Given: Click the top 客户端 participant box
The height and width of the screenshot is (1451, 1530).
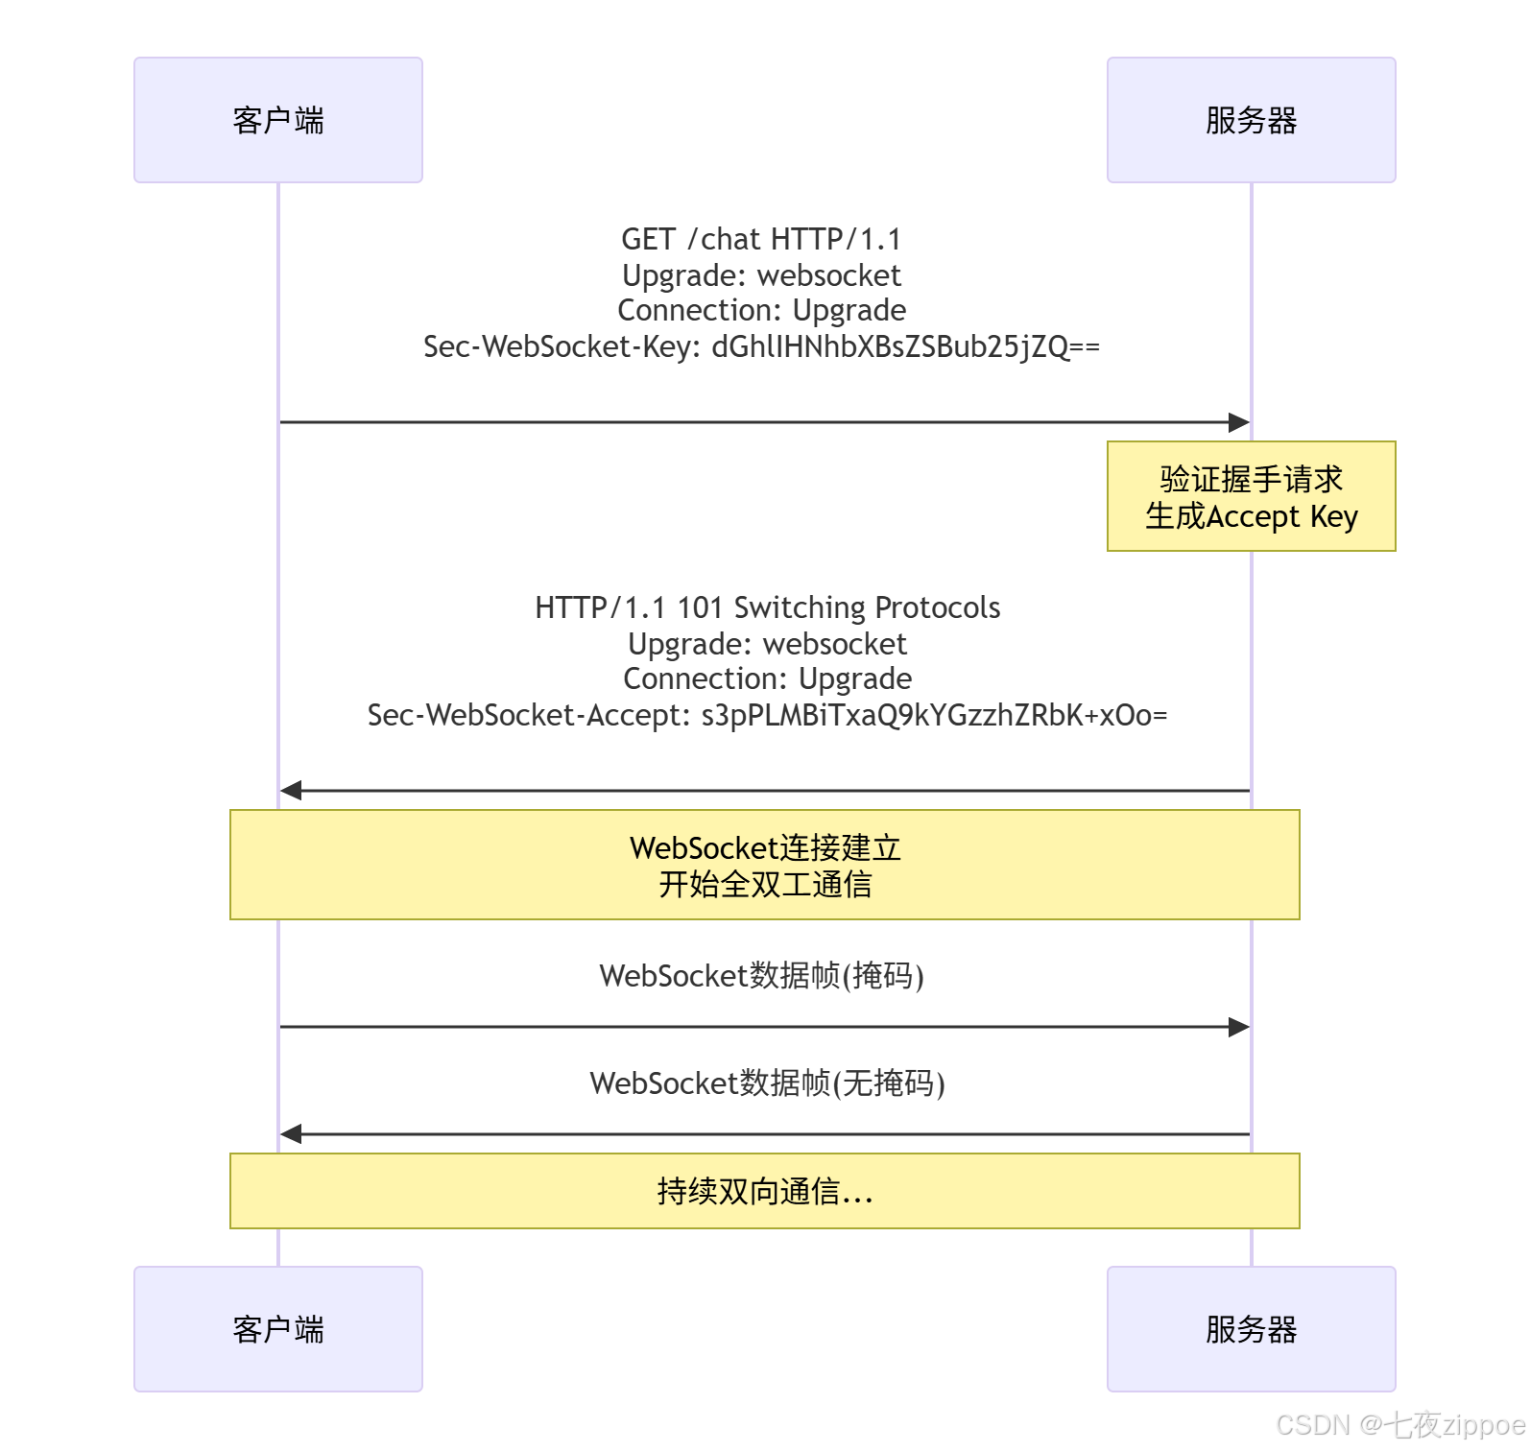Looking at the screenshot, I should (x=278, y=120).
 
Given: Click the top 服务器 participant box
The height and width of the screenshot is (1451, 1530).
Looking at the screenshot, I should (x=1251, y=120).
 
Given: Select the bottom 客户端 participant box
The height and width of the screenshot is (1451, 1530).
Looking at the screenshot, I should (x=278, y=1329).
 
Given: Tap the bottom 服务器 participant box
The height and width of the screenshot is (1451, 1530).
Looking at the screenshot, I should (x=1251, y=1329).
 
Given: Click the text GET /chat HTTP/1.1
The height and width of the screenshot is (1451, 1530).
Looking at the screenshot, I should (x=761, y=239).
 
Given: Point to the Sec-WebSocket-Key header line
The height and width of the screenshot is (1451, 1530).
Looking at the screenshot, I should (x=761, y=346).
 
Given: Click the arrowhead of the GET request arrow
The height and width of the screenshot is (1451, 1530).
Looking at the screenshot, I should (x=1239, y=422).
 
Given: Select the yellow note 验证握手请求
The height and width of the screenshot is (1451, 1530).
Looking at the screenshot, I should (x=1251, y=496).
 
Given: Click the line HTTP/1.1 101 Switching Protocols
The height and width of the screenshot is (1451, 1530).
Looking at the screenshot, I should (x=767, y=607).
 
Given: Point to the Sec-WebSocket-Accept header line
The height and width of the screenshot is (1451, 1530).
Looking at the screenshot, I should (x=767, y=715).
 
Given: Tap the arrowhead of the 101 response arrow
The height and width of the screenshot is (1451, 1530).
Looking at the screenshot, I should (x=291, y=791).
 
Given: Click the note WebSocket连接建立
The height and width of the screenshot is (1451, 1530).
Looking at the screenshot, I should (x=765, y=865).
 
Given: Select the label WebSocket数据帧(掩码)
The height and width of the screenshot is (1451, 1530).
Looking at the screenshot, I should (x=761, y=976).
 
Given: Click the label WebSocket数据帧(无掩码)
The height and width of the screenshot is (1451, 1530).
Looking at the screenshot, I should (x=767, y=1083).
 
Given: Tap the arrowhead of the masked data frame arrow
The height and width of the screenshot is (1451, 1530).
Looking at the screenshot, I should (x=1239, y=1027).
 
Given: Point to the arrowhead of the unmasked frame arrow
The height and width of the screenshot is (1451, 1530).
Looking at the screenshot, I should (x=291, y=1134).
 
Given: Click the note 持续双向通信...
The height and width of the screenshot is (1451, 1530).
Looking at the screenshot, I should (x=765, y=1191).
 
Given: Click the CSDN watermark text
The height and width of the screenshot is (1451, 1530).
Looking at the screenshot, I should (x=1400, y=1425).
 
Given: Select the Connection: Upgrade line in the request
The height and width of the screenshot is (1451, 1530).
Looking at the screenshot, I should (x=761, y=311).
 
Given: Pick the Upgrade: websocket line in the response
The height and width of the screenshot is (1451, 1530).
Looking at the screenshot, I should (x=767, y=644).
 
